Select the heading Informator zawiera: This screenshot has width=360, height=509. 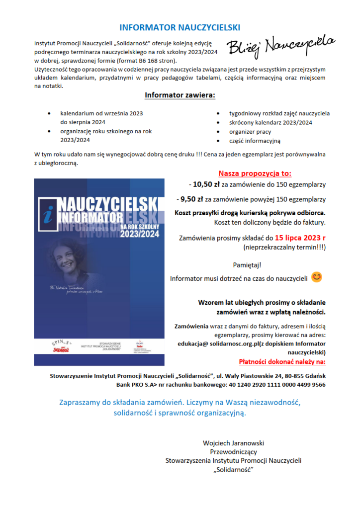pyautogui.click(x=180, y=95)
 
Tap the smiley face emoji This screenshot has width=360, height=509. pyautogui.click(x=317, y=277)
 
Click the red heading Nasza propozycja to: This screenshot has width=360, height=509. pyautogui.click(x=255, y=173)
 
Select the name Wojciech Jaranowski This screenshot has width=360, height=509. pyautogui.click(x=233, y=443)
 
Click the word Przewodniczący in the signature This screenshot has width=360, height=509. pyautogui.click(x=233, y=452)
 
